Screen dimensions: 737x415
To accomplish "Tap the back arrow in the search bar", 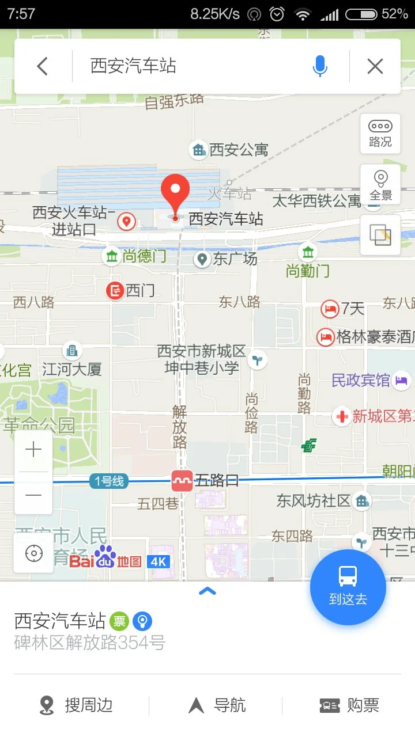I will click(42, 66).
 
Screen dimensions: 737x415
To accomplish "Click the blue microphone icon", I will click(320, 66).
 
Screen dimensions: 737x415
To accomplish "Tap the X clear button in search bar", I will click(375, 66).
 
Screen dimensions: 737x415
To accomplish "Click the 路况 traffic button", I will click(380, 134).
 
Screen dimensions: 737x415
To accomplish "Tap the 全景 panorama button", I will click(380, 184).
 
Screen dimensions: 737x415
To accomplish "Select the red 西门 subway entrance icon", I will click(115, 291).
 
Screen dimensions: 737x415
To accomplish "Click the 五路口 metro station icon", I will click(182, 481).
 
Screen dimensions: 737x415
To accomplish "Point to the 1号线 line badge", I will click(109, 481).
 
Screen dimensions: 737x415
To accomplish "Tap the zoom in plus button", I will click(33, 450).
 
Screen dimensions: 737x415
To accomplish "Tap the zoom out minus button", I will click(33, 495).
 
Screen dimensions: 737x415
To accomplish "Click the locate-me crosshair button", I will click(33, 554).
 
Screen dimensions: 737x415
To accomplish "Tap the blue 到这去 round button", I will click(348, 587).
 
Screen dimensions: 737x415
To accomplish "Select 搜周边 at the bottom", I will click(76, 705).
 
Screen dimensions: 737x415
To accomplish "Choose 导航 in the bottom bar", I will click(217, 705).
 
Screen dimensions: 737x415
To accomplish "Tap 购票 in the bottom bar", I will click(349, 705).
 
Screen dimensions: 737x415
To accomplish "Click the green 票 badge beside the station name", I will click(119, 621).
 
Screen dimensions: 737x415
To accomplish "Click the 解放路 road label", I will click(180, 427).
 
